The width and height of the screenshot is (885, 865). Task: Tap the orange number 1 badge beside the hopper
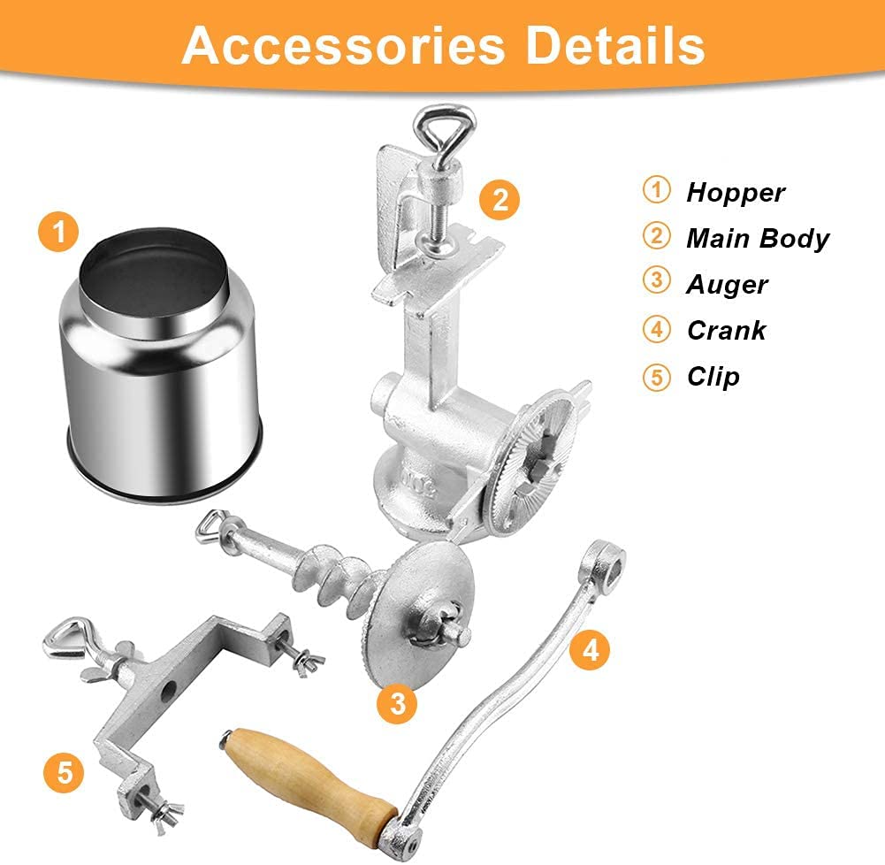click(58, 233)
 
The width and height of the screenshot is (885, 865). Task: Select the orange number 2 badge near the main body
click(500, 199)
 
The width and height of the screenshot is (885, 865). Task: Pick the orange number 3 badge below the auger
click(398, 703)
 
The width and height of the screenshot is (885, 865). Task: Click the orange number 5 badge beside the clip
click(63, 772)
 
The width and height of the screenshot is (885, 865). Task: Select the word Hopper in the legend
click(736, 192)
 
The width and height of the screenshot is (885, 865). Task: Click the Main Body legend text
click(758, 238)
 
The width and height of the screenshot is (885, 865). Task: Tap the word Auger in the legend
click(727, 284)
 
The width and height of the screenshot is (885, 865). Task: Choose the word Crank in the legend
click(726, 330)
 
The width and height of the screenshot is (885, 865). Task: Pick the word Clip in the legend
click(713, 376)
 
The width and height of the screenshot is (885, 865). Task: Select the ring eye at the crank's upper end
click(609, 559)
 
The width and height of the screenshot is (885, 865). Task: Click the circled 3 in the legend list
click(657, 284)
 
